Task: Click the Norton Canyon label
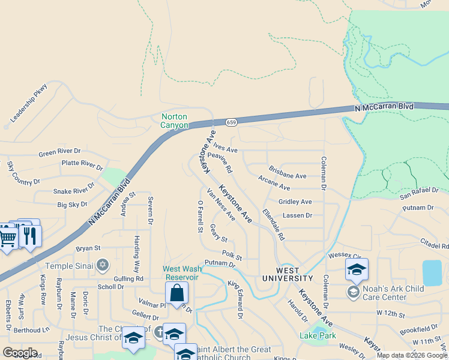coord(174,121)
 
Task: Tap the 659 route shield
coord(231,122)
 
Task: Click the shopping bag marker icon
coord(177,293)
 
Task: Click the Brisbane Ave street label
coord(288,173)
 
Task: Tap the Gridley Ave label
coord(295,202)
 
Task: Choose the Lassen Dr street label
coord(297,215)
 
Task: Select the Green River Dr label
coord(59,152)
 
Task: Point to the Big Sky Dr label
coord(72,205)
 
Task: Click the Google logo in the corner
coord(20,353)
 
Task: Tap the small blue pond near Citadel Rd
coord(432,273)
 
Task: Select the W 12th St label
coord(391,313)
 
